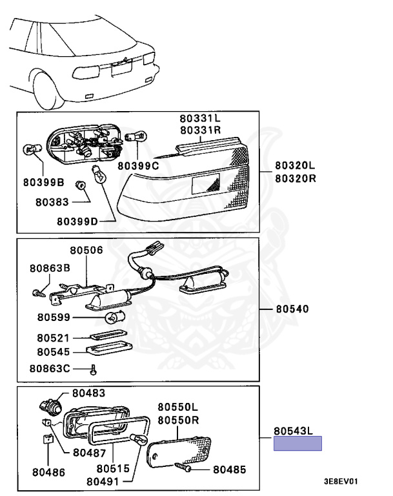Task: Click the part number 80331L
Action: click(200, 119)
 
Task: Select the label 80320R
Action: click(295, 178)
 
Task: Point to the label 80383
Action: click(52, 201)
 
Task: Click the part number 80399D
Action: click(77, 221)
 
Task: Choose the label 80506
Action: click(87, 249)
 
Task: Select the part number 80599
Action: click(54, 317)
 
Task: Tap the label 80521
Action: click(53, 338)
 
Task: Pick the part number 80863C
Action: click(50, 369)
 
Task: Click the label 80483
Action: click(88, 393)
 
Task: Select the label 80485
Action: click(229, 469)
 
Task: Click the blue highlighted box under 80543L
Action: click(297, 444)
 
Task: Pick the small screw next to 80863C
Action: click(94, 369)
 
